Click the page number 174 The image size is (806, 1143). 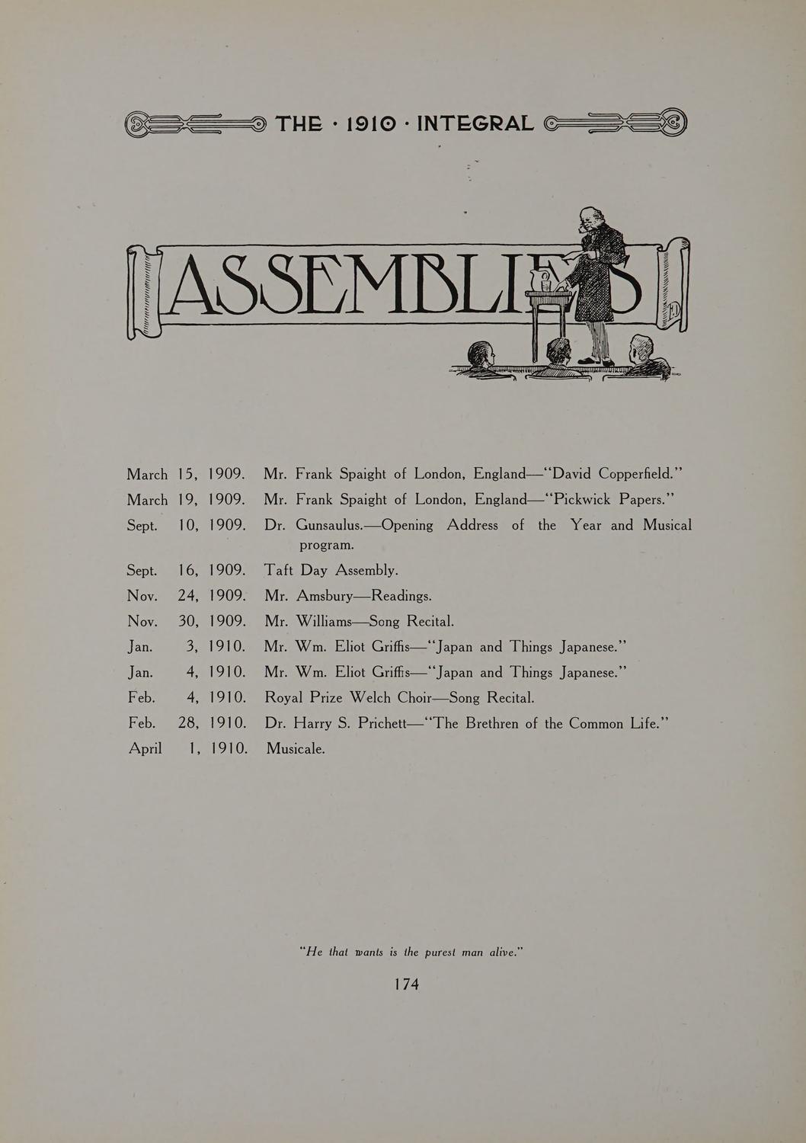point(406,984)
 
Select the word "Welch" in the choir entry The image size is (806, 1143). point(371,698)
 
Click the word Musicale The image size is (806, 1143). point(296,749)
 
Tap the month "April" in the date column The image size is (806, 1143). point(145,749)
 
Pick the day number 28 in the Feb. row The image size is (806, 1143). point(187,723)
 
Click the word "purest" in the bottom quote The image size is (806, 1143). point(444,952)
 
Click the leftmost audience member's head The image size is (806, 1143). point(481,354)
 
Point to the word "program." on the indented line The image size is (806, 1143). point(327,546)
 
